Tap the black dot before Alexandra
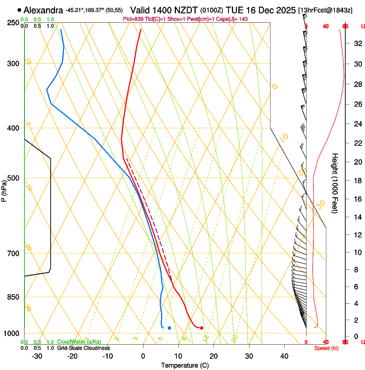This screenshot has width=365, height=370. [19, 9]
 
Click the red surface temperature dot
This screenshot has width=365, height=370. [201, 328]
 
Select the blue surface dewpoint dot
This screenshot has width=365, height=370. [170, 328]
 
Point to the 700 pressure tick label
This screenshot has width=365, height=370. [13, 253]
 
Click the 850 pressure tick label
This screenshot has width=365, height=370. [13, 297]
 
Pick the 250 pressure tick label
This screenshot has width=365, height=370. [13, 23]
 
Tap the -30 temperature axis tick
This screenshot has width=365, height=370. [37, 356]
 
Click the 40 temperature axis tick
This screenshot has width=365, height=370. [284, 356]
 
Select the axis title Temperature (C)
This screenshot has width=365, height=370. [185, 366]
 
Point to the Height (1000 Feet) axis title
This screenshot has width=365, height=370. [335, 183]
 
